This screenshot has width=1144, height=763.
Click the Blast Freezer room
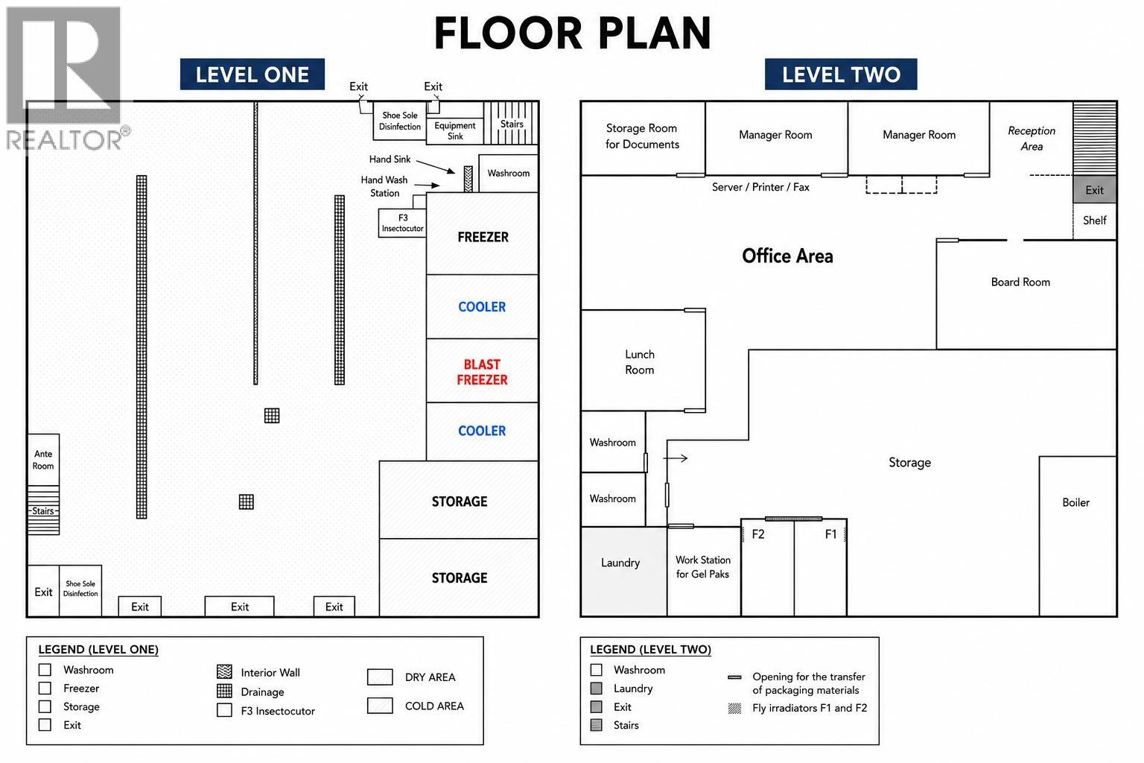point(482,370)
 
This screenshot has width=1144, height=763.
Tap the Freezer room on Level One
point(482,233)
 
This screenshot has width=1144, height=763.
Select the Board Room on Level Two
point(1026,295)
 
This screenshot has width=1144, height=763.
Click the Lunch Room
point(643,361)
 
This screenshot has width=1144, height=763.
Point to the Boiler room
point(1078,536)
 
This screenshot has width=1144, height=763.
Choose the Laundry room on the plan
point(624,572)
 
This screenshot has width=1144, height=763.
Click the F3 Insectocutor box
point(402,223)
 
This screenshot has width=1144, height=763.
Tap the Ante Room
point(43,460)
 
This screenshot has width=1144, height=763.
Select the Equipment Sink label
point(454,131)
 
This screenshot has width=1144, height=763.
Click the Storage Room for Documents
point(643,138)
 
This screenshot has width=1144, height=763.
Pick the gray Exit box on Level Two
point(1094,189)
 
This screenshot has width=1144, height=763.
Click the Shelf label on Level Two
point(1094,221)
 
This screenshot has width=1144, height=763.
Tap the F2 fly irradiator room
point(768,567)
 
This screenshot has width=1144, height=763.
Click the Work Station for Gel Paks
point(704,572)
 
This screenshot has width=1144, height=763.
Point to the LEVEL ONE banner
point(252,75)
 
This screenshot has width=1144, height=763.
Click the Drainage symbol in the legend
point(224,691)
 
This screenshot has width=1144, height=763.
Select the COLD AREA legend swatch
point(380,706)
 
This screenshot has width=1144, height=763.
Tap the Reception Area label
point(1032,139)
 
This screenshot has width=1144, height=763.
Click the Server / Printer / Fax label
point(760,187)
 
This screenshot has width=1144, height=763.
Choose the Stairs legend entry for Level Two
point(615,725)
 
